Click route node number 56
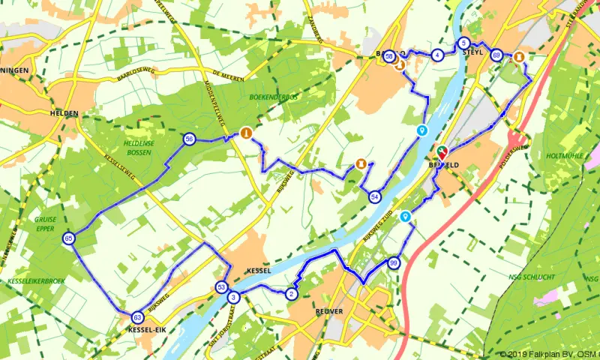[189, 139]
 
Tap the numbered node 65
[69, 238]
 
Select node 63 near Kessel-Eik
[137, 317]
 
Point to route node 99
[394, 263]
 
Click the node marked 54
[374, 196]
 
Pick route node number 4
[436, 55]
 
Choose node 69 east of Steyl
[496, 55]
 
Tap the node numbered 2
[291, 293]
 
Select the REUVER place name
[329, 310]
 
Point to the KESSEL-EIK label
[146, 330]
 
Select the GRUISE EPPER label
[45, 224]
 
